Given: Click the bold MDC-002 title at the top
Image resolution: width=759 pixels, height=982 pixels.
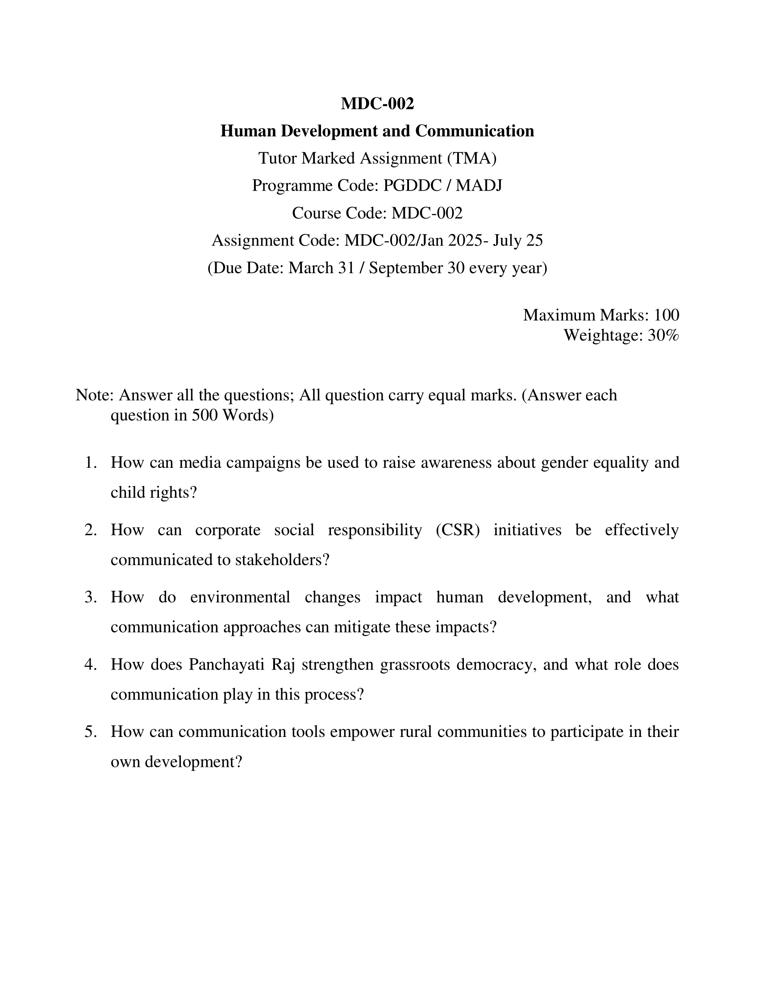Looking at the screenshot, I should tap(377, 104).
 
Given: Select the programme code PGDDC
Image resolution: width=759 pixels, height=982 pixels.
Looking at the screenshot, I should tap(413, 186).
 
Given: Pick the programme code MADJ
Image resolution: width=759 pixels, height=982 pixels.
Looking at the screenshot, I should tap(479, 186).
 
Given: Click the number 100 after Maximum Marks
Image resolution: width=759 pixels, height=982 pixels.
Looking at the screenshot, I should tap(667, 315).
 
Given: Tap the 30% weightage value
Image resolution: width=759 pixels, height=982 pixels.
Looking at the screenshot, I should tap(663, 335).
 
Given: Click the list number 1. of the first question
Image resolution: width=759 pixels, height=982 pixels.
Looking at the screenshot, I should tap(91, 463).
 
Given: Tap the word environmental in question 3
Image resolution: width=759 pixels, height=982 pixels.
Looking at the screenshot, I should tap(240, 597).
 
